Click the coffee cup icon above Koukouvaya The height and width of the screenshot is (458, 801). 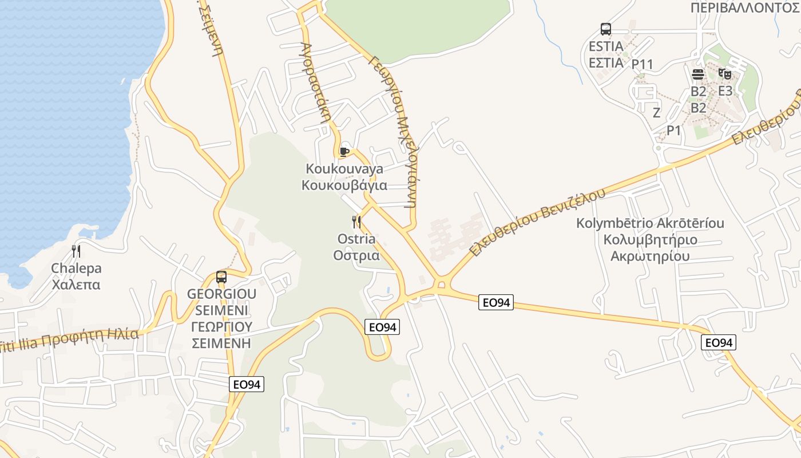pos(344,152)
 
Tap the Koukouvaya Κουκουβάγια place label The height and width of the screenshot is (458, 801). pos(344,177)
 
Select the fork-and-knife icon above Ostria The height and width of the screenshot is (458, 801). pos(356,222)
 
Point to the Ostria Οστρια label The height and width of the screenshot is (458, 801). pos(356,247)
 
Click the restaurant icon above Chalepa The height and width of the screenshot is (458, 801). pos(76,251)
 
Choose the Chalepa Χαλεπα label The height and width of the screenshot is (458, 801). pos(76,276)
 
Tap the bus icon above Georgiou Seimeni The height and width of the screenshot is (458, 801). pos(221,278)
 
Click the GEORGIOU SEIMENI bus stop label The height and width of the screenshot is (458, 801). pos(221,318)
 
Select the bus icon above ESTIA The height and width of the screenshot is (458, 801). pos(606,29)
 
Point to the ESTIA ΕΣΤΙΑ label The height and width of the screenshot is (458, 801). pos(606,54)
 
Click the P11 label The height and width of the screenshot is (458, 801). pos(642,64)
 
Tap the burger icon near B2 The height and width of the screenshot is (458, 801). pos(698,74)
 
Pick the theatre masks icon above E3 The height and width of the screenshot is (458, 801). pos(725,73)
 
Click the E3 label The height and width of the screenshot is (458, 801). pos(725,90)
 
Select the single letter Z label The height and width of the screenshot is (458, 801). pos(656,112)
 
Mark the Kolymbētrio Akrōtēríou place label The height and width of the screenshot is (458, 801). pos(650,239)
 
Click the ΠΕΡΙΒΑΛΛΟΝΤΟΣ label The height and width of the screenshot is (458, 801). pos(744,7)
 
